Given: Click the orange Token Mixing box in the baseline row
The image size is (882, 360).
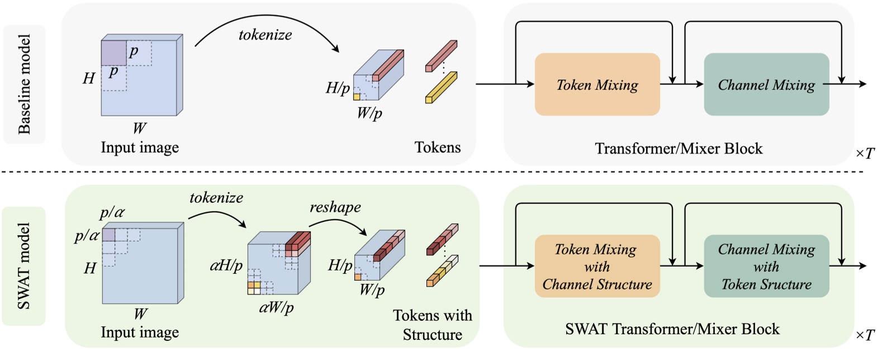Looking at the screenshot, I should (597, 84).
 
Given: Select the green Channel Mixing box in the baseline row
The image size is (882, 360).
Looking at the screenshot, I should (766, 84).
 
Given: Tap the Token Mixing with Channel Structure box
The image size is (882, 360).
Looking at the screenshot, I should (597, 266).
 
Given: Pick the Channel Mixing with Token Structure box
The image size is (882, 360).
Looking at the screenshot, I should (766, 266).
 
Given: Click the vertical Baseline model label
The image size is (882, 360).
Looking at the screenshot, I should (24, 84).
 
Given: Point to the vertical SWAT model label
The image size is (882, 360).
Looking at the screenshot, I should (23, 266).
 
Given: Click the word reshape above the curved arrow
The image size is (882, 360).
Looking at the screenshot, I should (335, 207).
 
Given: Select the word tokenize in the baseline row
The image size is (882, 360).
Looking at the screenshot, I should (265, 35).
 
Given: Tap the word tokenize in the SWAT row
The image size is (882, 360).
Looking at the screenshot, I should (216, 198).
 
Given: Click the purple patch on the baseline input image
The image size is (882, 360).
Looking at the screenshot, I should (113, 53).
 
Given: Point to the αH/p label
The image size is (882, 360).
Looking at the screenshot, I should (226, 265).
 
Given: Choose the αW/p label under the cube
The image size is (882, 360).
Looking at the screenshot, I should (276, 307).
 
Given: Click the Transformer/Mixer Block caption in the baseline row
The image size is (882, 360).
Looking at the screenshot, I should (679, 149).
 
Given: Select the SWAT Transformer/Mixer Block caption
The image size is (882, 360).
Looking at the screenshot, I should (672, 329).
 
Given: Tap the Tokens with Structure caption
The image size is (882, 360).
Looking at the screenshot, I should (432, 325).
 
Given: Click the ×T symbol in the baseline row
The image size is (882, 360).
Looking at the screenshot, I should (865, 153).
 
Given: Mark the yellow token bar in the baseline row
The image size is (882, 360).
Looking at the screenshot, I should (441, 87).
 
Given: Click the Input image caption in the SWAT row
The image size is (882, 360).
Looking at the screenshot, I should (140, 333).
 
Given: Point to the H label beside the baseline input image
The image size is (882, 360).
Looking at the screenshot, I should (89, 78).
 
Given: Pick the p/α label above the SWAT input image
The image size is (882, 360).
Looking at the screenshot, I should (112, 213).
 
